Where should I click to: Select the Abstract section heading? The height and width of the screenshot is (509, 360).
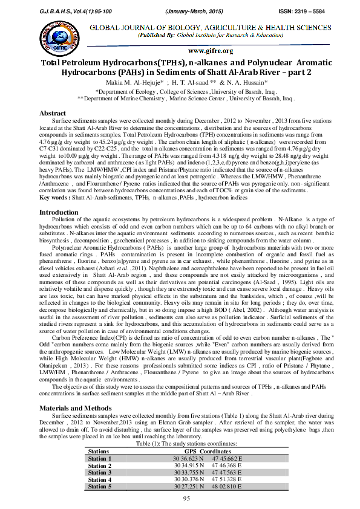pos(53,114)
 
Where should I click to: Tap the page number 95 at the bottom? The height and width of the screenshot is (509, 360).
pos(180,498)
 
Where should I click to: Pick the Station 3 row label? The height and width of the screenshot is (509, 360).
pos(100,473)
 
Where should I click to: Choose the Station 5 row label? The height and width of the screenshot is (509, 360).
pos(100,486)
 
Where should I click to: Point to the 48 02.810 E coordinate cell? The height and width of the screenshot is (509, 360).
pos(227,486)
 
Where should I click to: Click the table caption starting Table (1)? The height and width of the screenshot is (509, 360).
pos(180,444)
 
